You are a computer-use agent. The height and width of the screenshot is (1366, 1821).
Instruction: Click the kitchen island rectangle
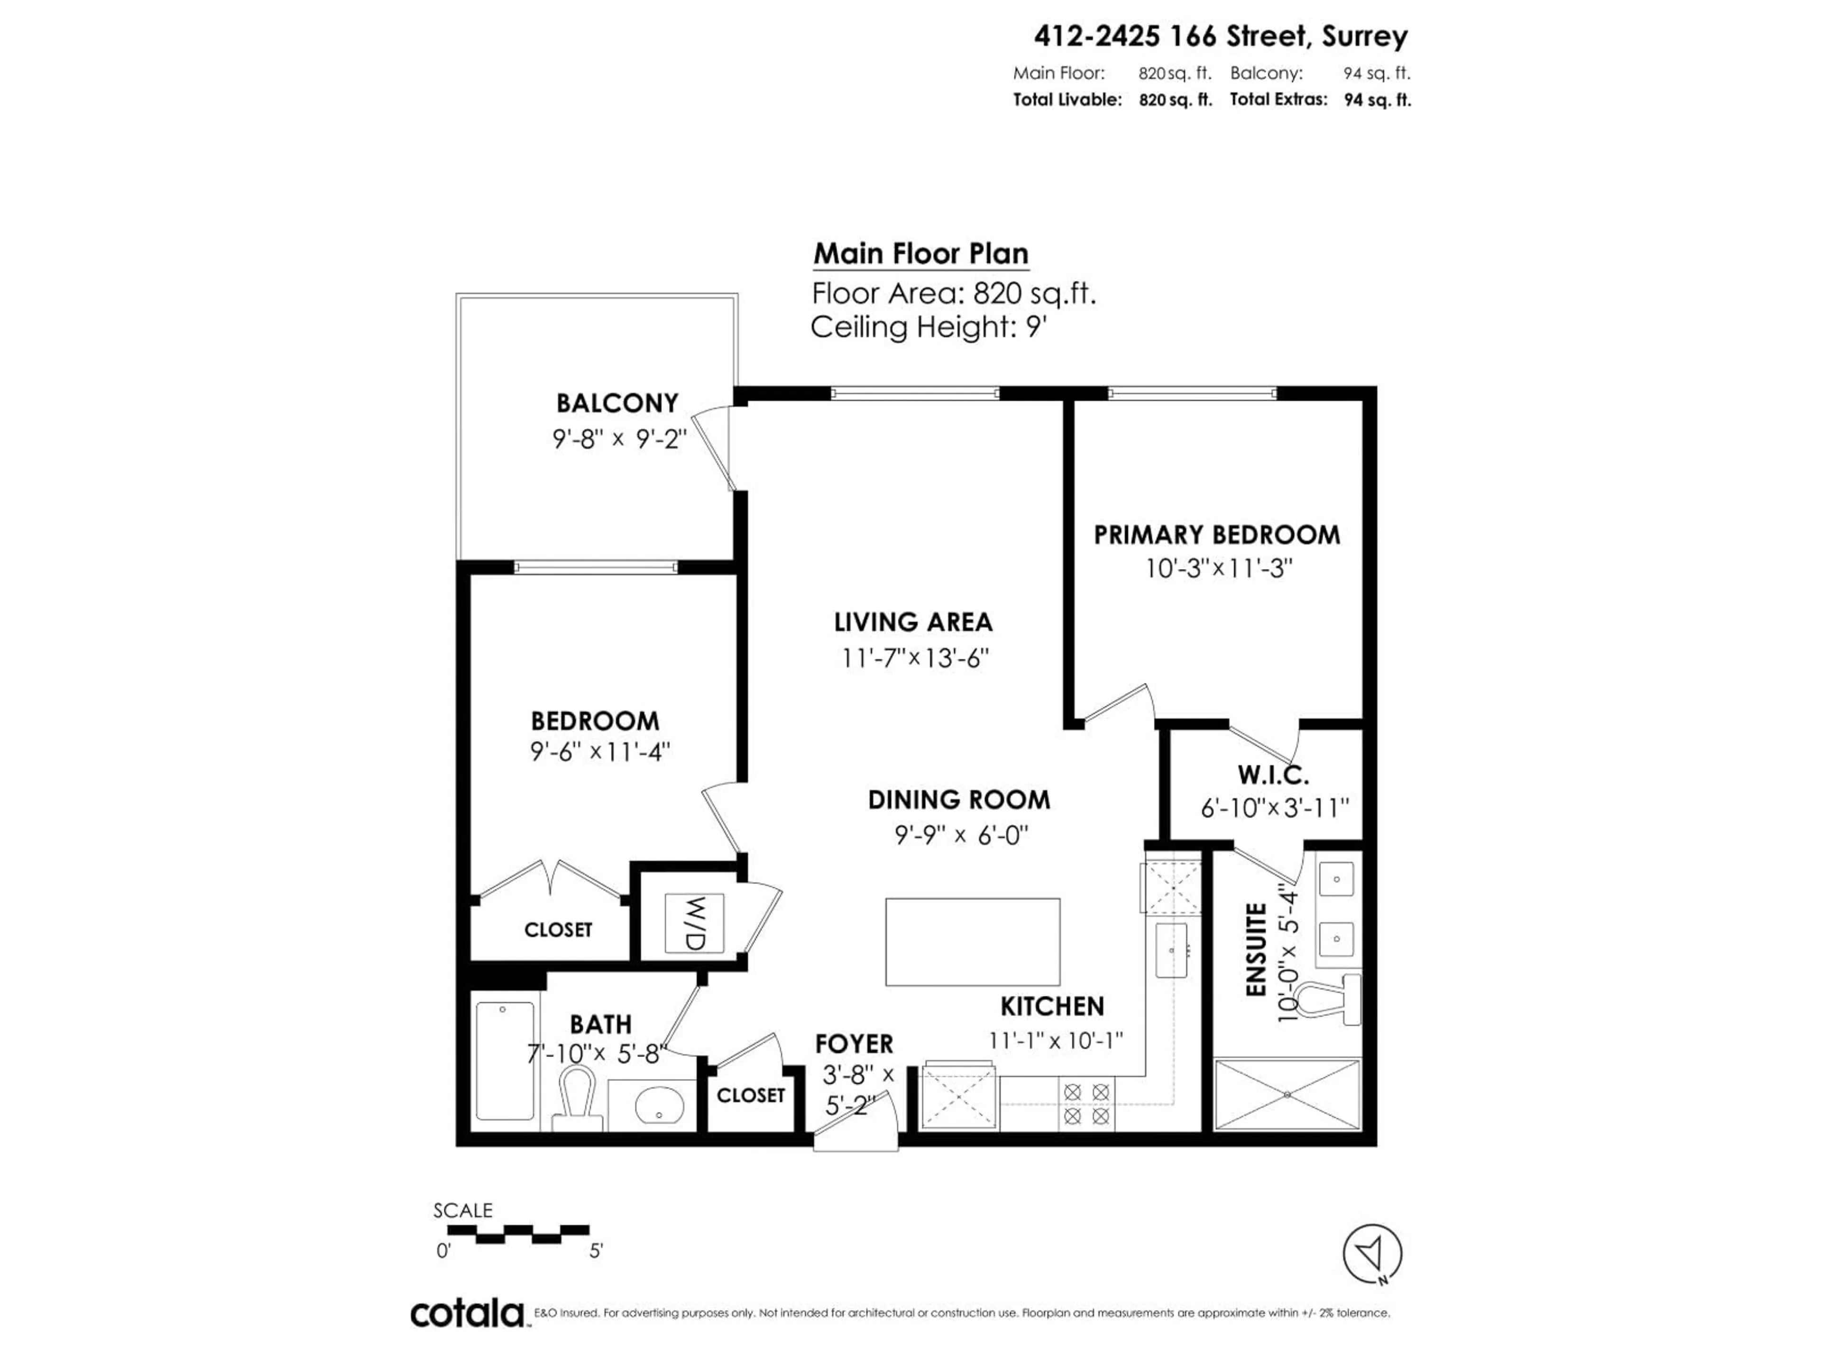click(x=972, y=941)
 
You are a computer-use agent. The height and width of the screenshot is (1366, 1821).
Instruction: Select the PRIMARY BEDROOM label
click(x=1216, y=535)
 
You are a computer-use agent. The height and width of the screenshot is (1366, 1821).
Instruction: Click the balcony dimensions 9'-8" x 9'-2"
click(x=619, y=439)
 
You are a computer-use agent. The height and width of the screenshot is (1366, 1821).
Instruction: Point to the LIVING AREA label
click(x=913, y=622)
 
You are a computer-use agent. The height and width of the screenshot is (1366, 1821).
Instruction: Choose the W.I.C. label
click(x=1273, y=775)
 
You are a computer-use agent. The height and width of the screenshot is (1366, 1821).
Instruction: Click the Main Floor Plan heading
click(x=920, y=254)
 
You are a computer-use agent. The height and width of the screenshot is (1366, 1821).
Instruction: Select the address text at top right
click(x=1220, y=36)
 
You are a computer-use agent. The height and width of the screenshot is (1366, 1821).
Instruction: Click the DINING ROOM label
click(x=958, y=800)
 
